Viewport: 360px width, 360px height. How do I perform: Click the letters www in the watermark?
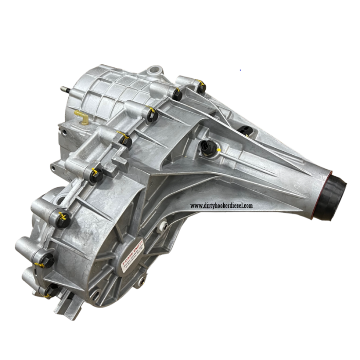pos(196,206)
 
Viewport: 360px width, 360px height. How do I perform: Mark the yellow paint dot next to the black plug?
pos(219,151)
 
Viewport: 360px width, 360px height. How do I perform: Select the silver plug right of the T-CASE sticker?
pos(164,225)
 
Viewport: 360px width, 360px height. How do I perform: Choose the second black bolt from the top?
pos(177,94)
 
